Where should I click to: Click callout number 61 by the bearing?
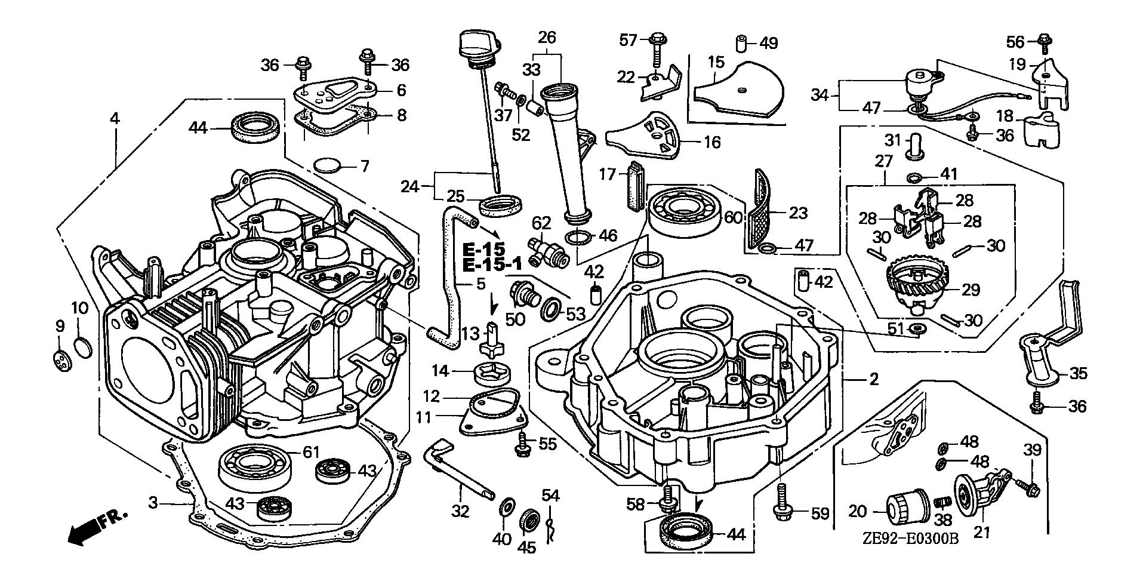click(x=310, y=453)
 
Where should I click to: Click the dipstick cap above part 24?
click(x=475, y=44)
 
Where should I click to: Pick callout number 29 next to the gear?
click(x=971, y=290)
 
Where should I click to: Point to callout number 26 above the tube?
click(x=546, y=38)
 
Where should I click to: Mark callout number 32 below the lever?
click(x=461, y=511)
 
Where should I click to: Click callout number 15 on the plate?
click(x=716, y=61)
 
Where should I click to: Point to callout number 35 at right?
click(x=1078, y=374)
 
